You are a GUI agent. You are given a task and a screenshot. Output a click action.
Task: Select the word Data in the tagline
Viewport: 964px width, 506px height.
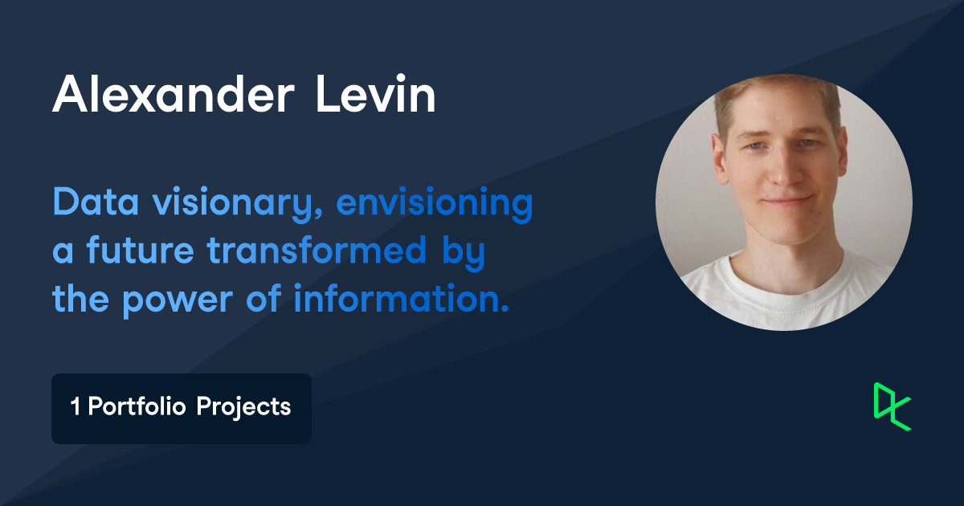(x=86, y=203)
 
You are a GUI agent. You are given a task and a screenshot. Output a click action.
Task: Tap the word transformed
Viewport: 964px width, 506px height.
(x=317, y=251)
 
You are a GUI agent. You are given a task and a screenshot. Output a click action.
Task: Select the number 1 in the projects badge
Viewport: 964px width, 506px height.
(x=76, y=407)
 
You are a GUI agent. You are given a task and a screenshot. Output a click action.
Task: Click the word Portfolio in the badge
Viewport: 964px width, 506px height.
(x=137, y=407)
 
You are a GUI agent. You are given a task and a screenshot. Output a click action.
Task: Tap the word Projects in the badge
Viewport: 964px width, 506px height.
(x=243, y=408)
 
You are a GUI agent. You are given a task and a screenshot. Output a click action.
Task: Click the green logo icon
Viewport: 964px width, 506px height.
(x=892, y=406)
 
